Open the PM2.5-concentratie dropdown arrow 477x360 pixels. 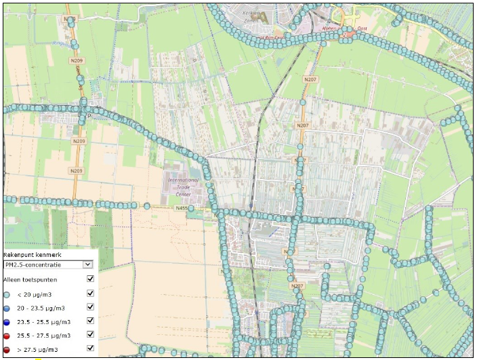click(87, 264)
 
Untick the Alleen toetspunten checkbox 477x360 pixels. click(90, 279)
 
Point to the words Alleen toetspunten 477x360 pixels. click(30, 279)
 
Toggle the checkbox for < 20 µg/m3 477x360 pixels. click(90, 293)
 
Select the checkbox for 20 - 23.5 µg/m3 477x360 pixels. click(90, 307)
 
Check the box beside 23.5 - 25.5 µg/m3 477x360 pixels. click(90, 321)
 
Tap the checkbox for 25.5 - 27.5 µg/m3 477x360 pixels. click(90, 335)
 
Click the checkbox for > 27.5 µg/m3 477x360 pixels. click(90, 348)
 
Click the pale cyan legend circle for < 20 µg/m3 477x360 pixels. click(7, 294)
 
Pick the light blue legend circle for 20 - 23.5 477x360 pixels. click(7, 308)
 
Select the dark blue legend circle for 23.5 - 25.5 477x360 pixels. click(7, 321)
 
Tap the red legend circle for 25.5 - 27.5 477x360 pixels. click(7, 336)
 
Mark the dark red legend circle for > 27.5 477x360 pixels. click(7, 349)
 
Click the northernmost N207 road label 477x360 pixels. click(310, 79)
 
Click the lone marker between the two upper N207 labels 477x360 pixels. click(302, 102)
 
